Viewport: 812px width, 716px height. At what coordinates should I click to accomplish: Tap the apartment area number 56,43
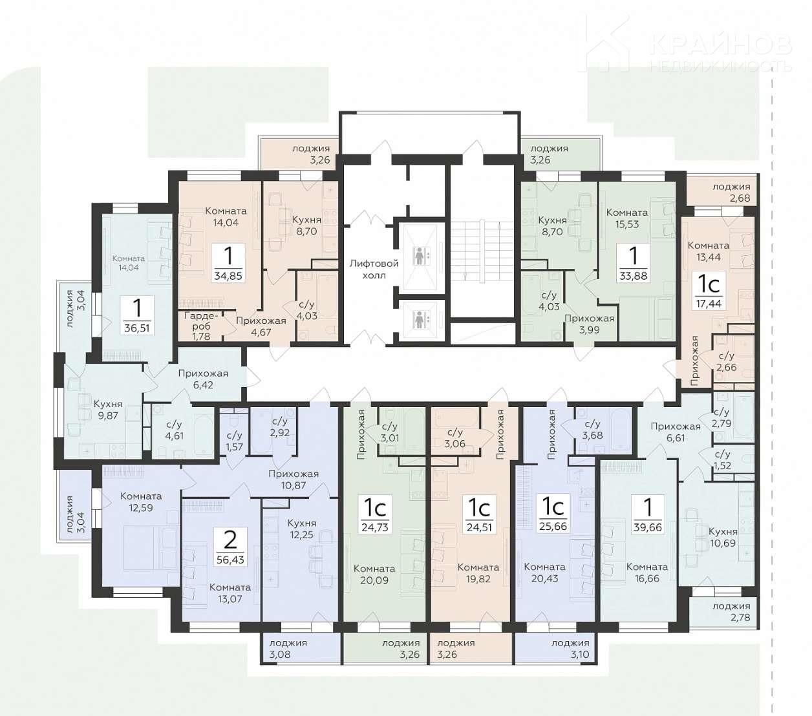pyautogui.click(x=230, y=560)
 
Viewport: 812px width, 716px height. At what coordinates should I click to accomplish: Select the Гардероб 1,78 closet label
pyautogui.click(x=201, y=326)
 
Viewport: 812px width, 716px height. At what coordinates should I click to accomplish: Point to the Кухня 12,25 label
pyautogui.click(x=301, y=529)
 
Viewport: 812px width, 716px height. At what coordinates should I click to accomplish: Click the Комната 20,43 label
pyautogui.click(x=544, y=573)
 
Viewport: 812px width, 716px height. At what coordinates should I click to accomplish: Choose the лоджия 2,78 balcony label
pyautogui.click(x=731, y=612)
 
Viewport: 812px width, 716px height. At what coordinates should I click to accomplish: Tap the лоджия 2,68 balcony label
pyautogui.click(x=731, y=193)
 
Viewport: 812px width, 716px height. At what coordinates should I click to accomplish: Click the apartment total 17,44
pyautogui.click(x=709, y=303)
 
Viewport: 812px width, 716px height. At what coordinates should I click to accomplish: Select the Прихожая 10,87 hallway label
pyautogui.click(x=294, y=479)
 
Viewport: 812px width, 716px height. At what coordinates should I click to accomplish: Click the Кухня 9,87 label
pyautogui.click(x=108, y=410)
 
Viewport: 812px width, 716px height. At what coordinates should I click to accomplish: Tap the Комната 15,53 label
pyautogui.click(x=627, y=218)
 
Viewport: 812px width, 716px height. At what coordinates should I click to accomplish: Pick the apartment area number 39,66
pyautogui.click(x=648, y=528)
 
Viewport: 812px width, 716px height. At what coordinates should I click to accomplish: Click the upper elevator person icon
pyautogui.click(x=419, y=256)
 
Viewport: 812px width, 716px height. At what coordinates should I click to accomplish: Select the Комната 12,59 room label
pyautogui.click(x=141, y=502)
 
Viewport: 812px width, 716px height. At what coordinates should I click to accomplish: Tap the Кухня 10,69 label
pyautogui.click(x=723, y=537)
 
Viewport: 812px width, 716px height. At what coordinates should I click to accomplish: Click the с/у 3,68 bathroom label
pyautogui.click(x=592, y=429)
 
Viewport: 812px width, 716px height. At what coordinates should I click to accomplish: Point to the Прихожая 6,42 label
pyautogui.click(x=203, y=379)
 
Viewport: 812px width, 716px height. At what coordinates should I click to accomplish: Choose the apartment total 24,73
pyautogui.click(x=375, y=527)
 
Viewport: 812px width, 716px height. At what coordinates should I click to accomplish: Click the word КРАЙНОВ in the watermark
pyautogui.click(x=720, y=45)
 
